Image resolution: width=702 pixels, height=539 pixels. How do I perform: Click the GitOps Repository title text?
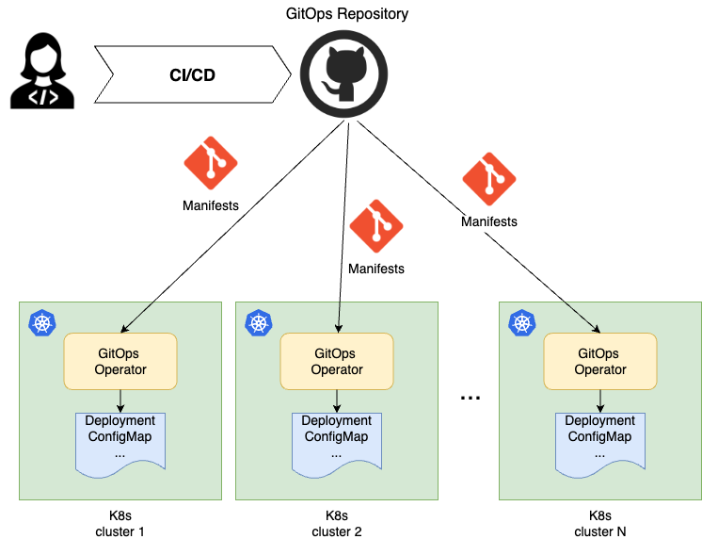tap(347, 14)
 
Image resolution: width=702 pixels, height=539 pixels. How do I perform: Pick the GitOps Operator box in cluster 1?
tap(120, 361)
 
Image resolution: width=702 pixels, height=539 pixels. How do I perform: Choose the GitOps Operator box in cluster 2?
tap(337, 361)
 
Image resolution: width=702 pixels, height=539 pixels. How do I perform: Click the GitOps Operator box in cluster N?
tap(600, 361)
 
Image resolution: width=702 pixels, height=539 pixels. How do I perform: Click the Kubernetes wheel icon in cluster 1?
tap(40, 323)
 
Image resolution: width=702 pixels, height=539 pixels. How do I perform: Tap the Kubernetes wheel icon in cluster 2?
tap(257, 323)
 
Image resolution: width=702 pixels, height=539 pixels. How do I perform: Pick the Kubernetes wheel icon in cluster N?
tap(520, 323)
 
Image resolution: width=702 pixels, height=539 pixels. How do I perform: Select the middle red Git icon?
tap(375, 226)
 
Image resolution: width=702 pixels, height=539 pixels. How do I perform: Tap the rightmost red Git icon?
tap(488, 179)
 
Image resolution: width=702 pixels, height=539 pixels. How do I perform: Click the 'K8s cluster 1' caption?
tap(120, 523)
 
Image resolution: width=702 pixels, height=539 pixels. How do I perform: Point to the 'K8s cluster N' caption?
tap(600, 523)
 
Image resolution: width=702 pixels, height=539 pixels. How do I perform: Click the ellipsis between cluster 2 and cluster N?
tap(470, 399)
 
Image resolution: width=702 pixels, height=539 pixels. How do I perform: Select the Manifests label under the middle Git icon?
tap(375, 269)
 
